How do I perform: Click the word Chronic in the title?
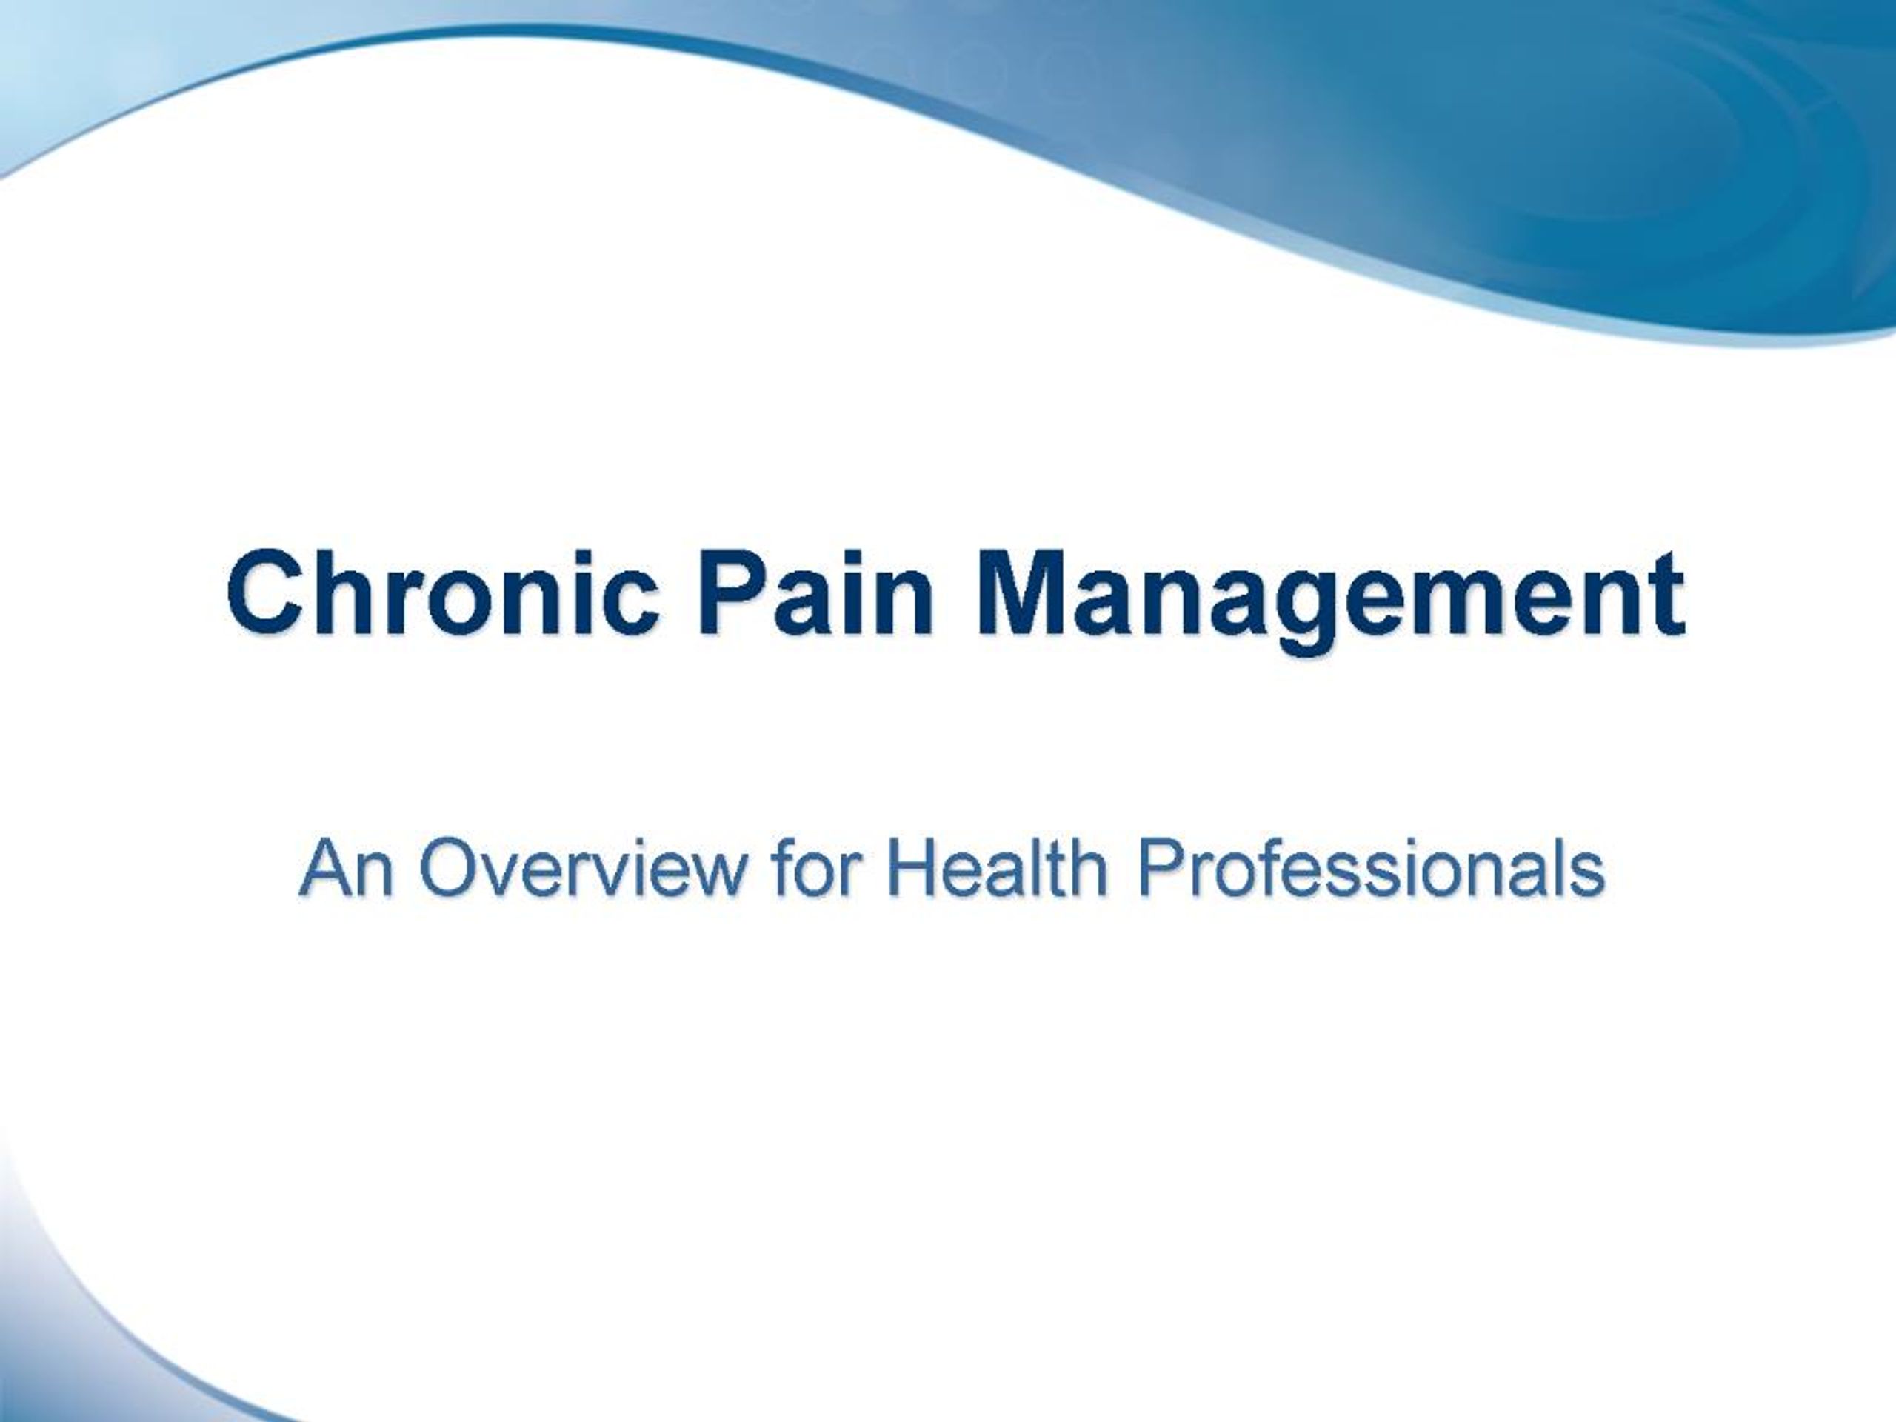pos(443,595)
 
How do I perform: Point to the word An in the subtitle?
pos(347,867)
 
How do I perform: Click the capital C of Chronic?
pos(262,595)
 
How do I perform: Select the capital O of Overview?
pos(451,867)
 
